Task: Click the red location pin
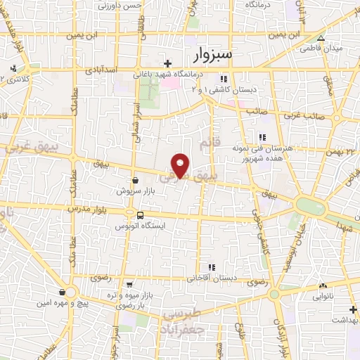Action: (x=181, y=165)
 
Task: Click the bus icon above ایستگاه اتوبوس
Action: (x=141, y=215)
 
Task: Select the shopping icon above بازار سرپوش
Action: (x=134, y=180)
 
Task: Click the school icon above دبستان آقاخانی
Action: (x=211, y=267)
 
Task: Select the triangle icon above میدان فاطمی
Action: (x=321, y=39)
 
